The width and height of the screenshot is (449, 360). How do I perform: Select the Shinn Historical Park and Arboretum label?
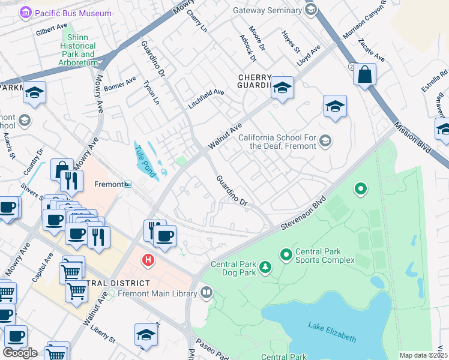click(78, 50)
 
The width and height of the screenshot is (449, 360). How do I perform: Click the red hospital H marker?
click(147, 260)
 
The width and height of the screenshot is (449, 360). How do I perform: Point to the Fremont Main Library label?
click(157, 294)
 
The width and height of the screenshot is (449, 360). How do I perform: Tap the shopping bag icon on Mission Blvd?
click(364, 75)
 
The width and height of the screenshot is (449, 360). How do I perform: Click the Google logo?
click(20, 353)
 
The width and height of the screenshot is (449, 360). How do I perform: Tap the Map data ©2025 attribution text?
click(423, 355)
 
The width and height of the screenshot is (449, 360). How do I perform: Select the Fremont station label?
click(109, 184)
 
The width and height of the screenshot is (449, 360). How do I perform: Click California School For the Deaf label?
click(277, 142)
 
